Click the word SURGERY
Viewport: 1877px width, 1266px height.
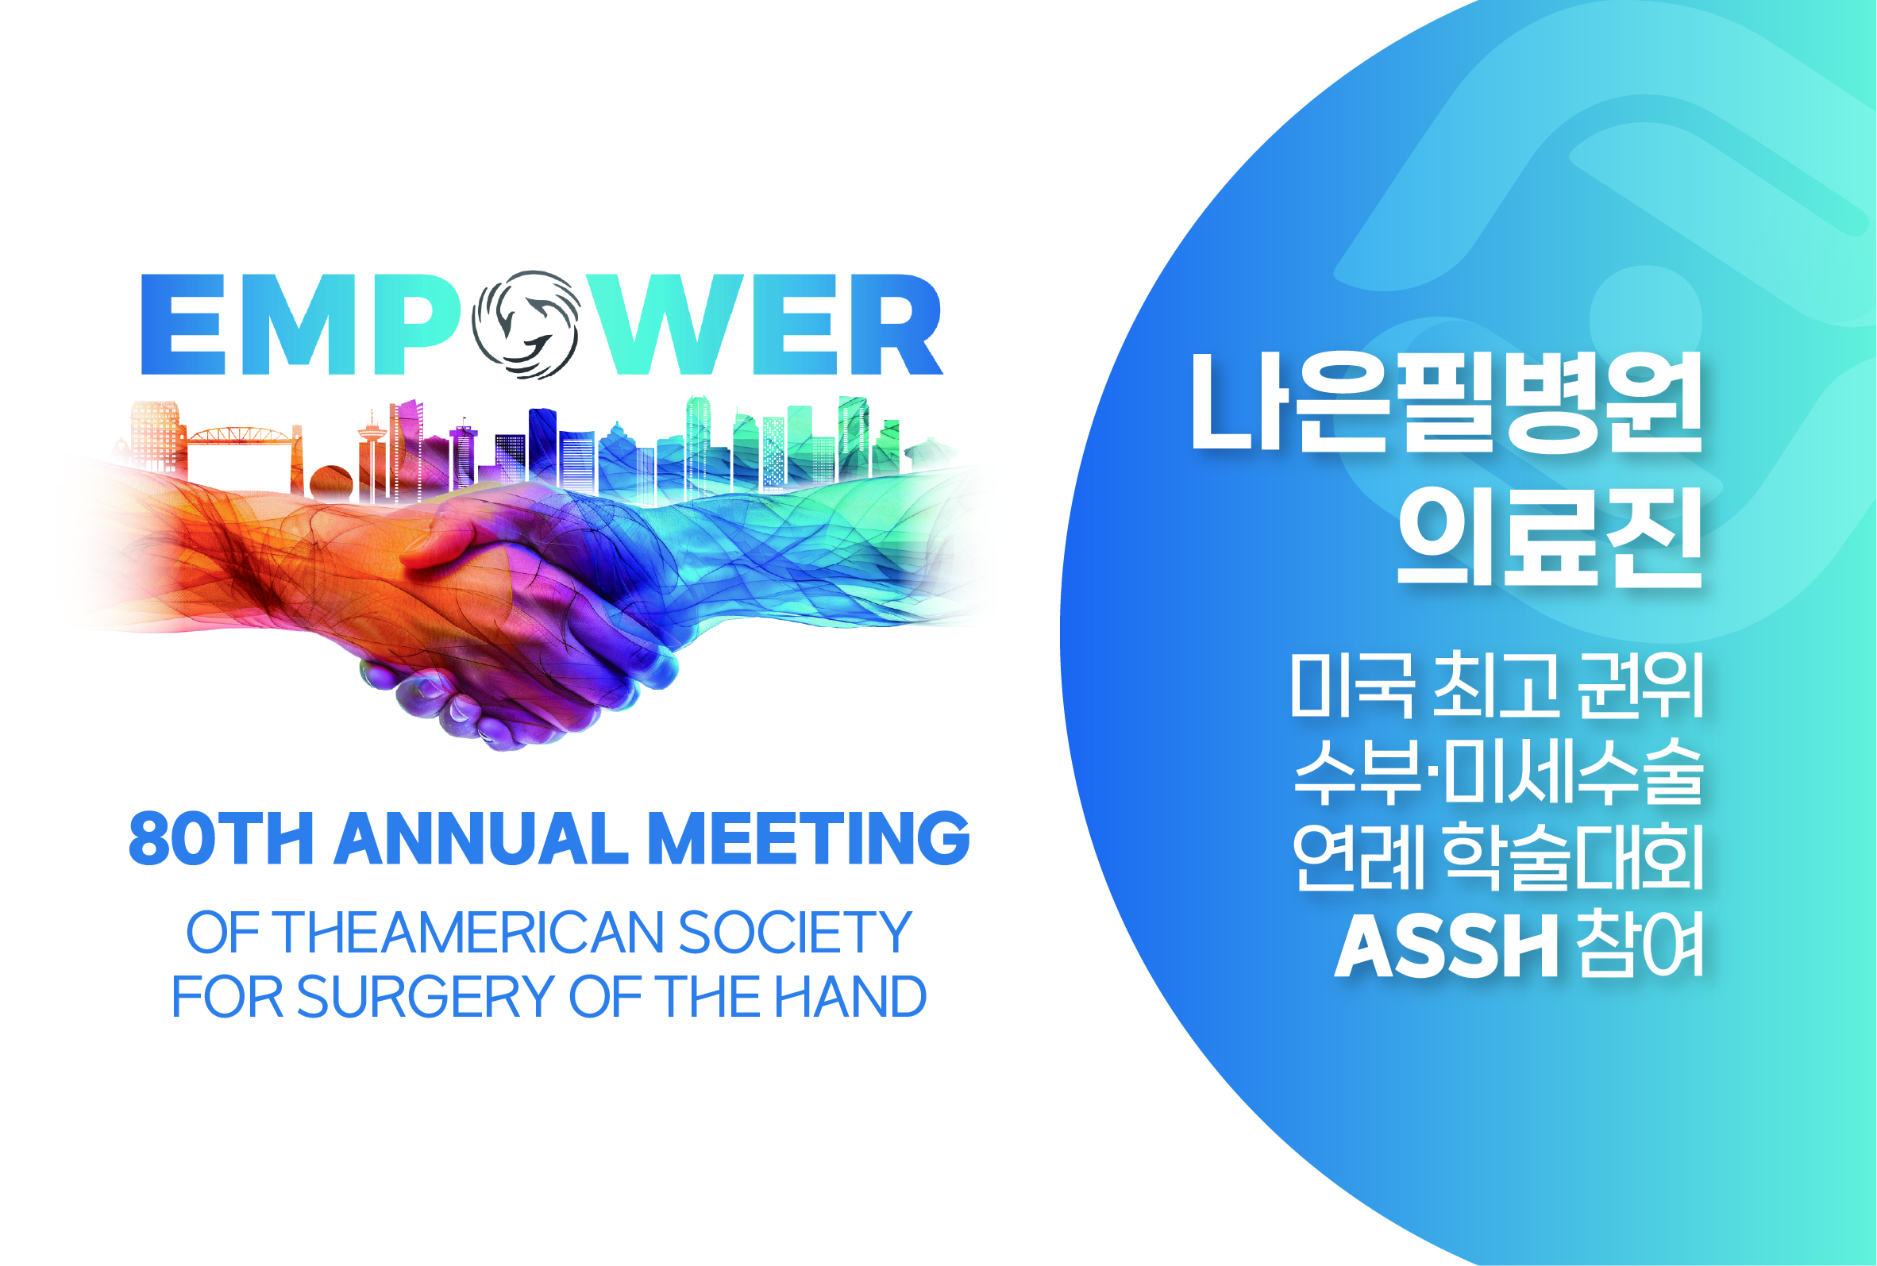426,996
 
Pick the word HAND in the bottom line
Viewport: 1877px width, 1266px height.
850,996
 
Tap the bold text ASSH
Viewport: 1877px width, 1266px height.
1447,946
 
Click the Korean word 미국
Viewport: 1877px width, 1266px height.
1352,685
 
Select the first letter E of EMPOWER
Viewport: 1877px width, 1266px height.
183,325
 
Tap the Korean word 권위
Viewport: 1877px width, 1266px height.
1641,685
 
